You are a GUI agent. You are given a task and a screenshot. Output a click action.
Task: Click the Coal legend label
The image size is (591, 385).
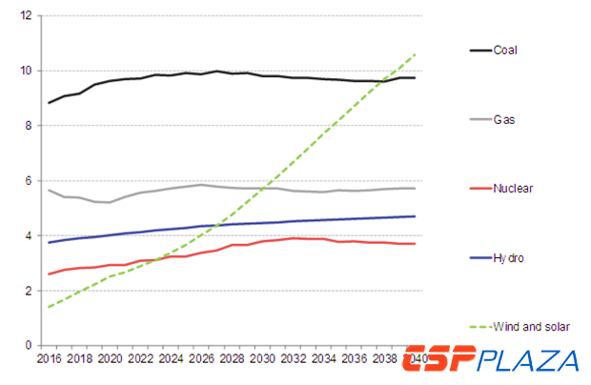[x=506, y=50]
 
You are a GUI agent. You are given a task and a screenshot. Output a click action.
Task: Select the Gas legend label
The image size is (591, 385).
[x=504, y=119]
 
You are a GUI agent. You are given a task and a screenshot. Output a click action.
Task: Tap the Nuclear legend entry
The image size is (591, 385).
[x=513, y=188]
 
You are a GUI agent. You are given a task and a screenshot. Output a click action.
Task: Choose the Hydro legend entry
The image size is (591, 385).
[x=508, y=257]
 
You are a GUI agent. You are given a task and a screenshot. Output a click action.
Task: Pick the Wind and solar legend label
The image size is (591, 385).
[x=531, y=326]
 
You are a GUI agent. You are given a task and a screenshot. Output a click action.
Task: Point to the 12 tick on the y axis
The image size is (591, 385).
[x=26, y=16]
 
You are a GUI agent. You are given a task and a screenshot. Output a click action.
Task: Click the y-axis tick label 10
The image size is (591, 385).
[x=26, y=71]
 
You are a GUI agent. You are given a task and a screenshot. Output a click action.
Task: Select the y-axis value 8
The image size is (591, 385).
[x=29, y=126]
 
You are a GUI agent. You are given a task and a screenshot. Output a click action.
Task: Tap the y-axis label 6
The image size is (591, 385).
[x=29, y=181]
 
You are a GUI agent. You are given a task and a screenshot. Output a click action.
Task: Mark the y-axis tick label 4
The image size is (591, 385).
[x=29, y=235]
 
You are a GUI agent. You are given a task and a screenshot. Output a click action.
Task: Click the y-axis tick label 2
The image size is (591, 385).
[x=29, y=291]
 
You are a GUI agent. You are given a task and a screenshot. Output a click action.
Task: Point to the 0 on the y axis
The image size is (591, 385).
[x=29, y=345]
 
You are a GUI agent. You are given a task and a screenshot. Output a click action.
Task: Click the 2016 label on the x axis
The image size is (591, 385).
[x=49, y=359]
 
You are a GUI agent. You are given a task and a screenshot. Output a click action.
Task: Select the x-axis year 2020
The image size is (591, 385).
[x=110, y=359]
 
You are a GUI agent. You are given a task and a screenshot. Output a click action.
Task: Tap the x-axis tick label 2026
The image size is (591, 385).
[x=201, y=359]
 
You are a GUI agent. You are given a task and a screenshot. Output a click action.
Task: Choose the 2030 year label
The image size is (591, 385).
[x=262, y=359]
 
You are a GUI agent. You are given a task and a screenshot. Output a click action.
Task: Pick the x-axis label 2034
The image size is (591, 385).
[x=323, y=359]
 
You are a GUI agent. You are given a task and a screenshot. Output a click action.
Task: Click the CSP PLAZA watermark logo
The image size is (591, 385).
[x=491, y=360]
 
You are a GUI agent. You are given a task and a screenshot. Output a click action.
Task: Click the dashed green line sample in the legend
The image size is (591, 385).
[x=479, y=326]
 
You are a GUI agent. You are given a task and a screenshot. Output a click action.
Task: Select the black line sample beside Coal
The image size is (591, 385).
[x=479, y=50]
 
